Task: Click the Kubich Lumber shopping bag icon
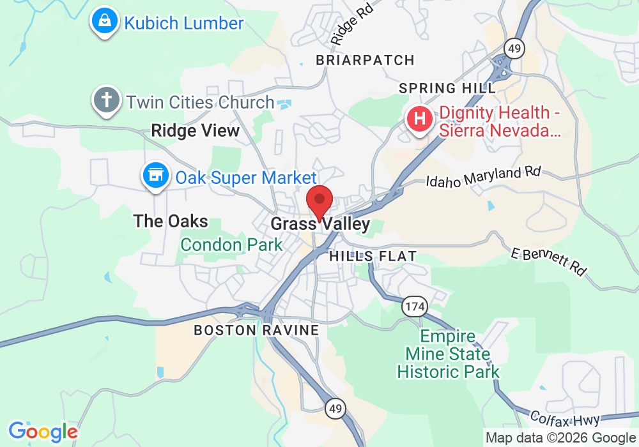click(103, 22)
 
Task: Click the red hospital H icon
click(420, 119)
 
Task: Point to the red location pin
click(319, 202)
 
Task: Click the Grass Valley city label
click(320, 224)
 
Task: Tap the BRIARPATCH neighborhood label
click(366, 60)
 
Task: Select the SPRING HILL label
click(447, 88)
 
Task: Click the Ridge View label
click(195, 131)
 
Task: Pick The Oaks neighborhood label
click(171, 222)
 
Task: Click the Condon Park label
click(231, 245)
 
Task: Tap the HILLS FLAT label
click(373, 256)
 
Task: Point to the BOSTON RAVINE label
click(256, 330)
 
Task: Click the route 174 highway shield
click(413, 307)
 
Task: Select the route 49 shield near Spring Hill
click(513, 47)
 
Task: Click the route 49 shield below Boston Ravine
click(334, 408)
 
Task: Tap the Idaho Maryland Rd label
click(484, 177)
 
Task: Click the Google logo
click(43, 432)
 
